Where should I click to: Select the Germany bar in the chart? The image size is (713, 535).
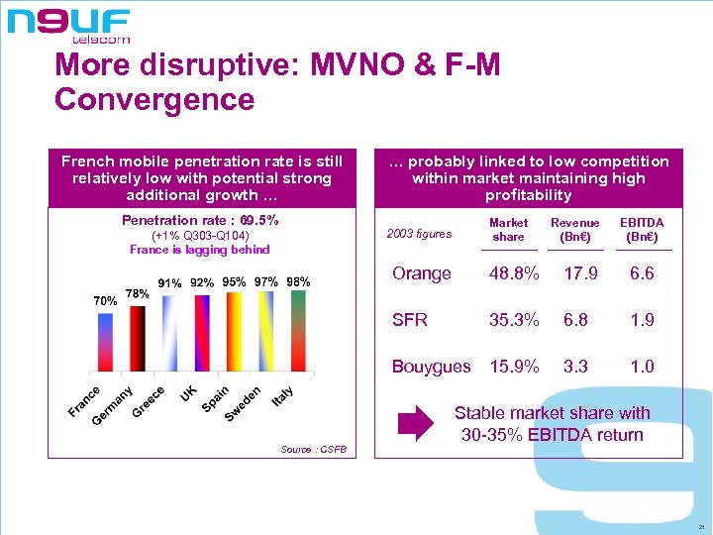coord(138,337)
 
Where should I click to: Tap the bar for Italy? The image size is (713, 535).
coord(297,332)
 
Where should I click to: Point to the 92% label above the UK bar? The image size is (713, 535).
coord(202,283)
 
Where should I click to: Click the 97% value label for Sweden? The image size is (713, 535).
coord(265,282)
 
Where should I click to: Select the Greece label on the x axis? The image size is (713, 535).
coord(149,398)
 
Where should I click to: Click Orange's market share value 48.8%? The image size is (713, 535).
coord(514,273)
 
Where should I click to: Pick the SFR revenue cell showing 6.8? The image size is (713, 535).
coord(574,320)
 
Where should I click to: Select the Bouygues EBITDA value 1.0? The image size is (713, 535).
coord(642,367)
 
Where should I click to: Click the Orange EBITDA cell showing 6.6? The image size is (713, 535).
coord(642,273)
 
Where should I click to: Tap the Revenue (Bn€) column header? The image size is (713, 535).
coord(575,230)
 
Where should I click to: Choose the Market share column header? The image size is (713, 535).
coord(508,230)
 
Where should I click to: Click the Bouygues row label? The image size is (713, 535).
coord(431,367)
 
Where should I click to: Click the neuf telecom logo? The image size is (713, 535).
coord(69,25)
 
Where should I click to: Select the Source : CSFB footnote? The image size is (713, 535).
coord(313,450)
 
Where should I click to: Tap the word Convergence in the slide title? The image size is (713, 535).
coord(154,100)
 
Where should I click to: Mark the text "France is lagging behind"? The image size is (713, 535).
coord(199,250)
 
